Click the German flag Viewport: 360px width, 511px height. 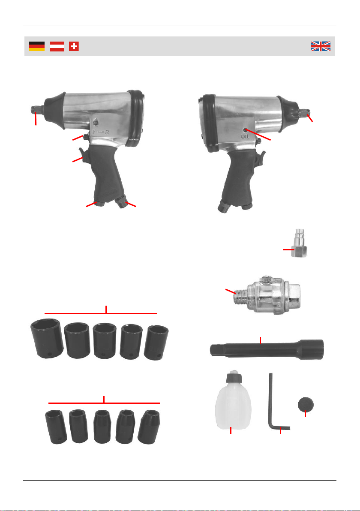(x=37, y=46)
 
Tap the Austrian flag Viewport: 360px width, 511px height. (x=57, y=46)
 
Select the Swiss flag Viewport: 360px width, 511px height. (x=74, y=46)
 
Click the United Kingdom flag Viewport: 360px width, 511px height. (x=321, y=46)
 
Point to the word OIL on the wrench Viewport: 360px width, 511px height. (x=245, y=136)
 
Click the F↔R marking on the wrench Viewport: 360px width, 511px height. (x=101, y=132)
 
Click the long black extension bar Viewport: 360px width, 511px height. (x=267, y=350)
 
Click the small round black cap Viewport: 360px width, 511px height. (x=306, y=404)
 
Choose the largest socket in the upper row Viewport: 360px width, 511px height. (x=47, y=339)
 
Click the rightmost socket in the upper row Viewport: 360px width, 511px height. (x=156, y=343)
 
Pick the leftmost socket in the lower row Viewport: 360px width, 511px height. (x=56, y=427)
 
